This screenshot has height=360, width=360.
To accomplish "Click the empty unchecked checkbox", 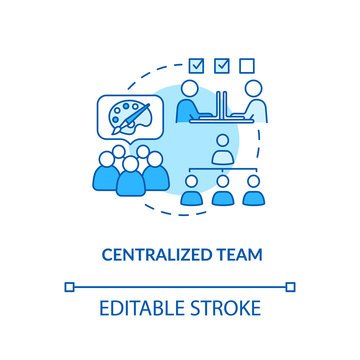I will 246,66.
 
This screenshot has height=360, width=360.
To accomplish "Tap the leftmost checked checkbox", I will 197,66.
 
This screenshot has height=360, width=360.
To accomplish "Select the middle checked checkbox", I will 222,66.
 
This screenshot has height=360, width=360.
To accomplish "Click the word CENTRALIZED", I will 155,254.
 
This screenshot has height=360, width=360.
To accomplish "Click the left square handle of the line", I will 69,286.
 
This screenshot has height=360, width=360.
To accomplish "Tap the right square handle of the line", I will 290,286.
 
